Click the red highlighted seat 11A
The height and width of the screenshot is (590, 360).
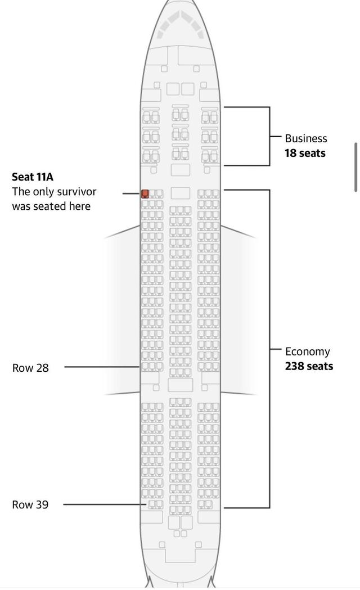tap(145, 194)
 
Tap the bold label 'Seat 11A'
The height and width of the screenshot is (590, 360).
tap(33, 177)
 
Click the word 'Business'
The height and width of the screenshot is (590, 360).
tap(306, 138)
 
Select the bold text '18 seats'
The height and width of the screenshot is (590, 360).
tap(305, 153)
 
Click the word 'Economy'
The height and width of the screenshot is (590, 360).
tap(307, 352)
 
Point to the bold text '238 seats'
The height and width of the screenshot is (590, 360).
tap(309, 366)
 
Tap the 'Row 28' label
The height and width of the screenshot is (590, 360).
tap(30, 368)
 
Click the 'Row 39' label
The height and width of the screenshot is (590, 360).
tap(30, 505)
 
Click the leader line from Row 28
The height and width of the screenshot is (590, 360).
tap(102, 367)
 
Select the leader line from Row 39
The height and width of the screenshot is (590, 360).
tap(105, 504)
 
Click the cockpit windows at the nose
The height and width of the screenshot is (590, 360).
tap(180, 24)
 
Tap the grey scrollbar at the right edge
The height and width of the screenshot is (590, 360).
tap(355, 168)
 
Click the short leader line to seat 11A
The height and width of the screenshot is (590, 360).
tap(132, 193)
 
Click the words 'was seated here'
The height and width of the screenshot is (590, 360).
tap(51, 206)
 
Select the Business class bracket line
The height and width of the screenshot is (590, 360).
tap(269, 136)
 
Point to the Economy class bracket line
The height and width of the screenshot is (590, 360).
tap(269, 349)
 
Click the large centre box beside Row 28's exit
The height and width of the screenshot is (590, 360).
tap(180, 385)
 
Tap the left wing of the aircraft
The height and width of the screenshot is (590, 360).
tap(121, 310)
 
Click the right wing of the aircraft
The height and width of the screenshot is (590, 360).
tap(238, 310)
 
